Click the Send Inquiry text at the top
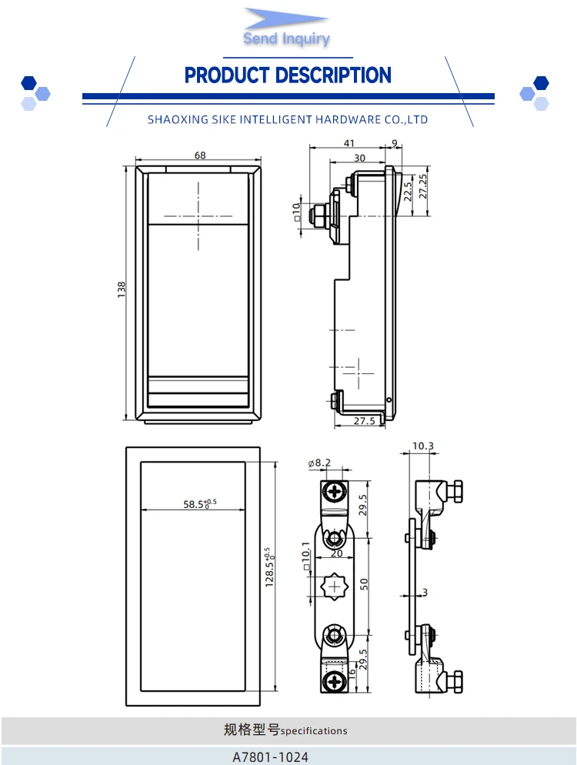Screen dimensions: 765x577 [286, 38]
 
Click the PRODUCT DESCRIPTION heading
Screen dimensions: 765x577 [288, 75]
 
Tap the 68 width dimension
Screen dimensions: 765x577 [200, 155]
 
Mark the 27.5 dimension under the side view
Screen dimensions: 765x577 [364, 421]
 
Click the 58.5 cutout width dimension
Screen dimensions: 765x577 [199, 504]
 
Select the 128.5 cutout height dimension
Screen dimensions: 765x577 [268, 569]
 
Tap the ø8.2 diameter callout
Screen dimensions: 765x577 [319, 463]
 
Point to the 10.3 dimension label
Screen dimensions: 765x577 [423, 446]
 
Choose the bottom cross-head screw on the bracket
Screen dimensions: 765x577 [335, 680]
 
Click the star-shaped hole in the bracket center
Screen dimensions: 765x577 [335, 586]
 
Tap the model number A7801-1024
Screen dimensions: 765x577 [270, 757]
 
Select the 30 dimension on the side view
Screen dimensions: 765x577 [359, 158]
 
